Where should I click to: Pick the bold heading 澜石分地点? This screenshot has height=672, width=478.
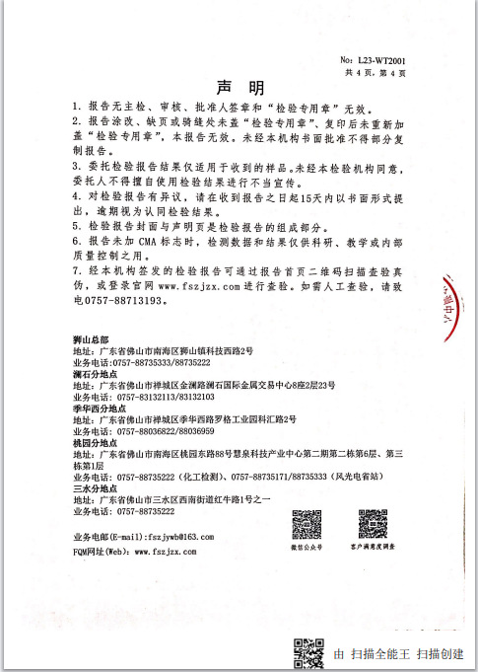[x=97, y=373]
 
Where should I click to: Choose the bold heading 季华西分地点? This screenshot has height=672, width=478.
[x=100, y=408]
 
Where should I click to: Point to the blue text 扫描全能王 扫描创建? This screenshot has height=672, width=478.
[x=398, y=654]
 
